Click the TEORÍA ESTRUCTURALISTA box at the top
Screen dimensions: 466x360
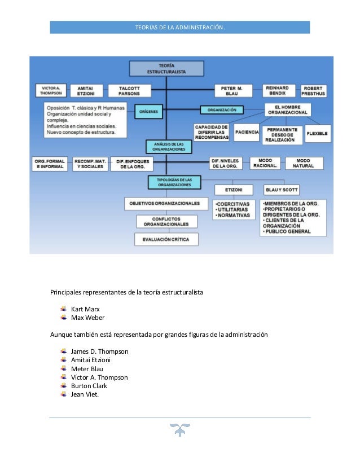(166, 69)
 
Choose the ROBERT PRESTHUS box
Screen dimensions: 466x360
(315, 91)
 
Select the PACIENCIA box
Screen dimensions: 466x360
(247, 132)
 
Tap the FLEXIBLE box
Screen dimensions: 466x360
(319, 134)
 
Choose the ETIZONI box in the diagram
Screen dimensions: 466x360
(234, 190)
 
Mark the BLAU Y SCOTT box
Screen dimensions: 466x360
(282, 190)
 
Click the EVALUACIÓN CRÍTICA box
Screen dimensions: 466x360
(166, 240)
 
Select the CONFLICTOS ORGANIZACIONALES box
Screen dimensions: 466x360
(166, 221)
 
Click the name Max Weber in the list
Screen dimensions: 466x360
(87, 317)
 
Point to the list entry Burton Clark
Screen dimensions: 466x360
(89, 386)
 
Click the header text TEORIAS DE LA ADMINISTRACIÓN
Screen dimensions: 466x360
(180, 27)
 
